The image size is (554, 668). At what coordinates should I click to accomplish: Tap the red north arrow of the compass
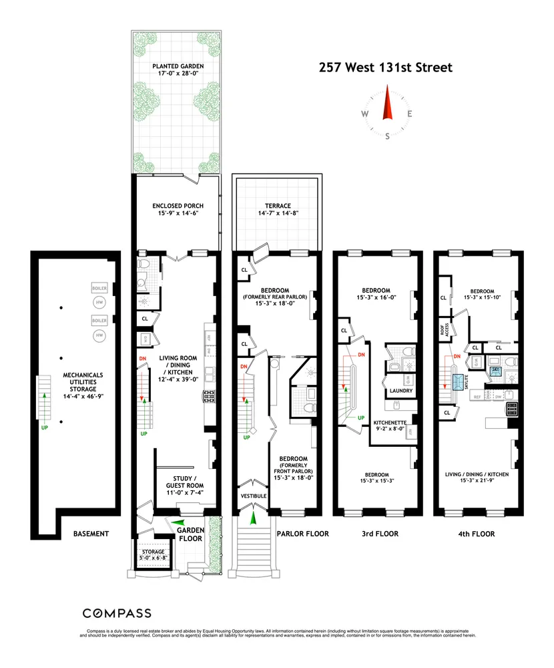point(386,104)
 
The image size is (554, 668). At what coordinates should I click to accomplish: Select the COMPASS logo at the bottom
point(116,613)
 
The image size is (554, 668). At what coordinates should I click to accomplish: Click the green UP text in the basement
point(44,426)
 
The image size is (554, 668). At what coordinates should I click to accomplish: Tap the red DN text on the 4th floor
point(457,356)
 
